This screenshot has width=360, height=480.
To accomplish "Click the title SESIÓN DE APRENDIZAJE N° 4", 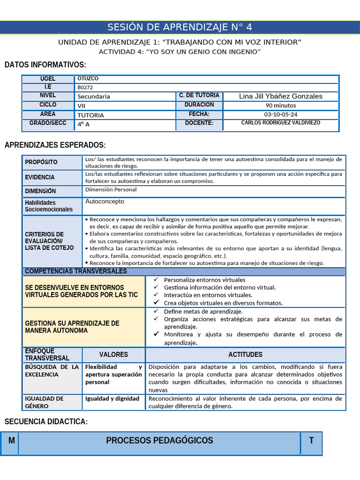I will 180,27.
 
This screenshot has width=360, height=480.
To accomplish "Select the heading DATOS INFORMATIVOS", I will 45,65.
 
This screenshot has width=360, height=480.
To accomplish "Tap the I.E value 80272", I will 85,87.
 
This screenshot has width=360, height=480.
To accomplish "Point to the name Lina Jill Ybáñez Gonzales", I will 281,96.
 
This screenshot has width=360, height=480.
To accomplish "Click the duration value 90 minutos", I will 280,105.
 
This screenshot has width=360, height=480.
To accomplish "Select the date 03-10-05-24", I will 280,114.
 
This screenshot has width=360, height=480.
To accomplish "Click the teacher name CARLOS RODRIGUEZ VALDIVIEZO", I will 280,123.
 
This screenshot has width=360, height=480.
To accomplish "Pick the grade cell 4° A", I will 83,124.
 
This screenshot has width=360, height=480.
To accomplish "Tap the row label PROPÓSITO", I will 41,162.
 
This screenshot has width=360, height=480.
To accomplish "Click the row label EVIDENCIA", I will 40,177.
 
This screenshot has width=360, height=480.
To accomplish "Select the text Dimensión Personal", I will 111,190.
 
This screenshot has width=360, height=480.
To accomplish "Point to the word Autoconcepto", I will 105,201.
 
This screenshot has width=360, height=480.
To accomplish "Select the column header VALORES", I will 113,355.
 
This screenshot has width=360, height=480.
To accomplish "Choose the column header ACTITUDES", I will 245,355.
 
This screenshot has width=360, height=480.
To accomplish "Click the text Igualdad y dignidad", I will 112,398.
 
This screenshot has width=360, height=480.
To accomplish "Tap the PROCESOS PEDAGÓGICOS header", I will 159,441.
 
